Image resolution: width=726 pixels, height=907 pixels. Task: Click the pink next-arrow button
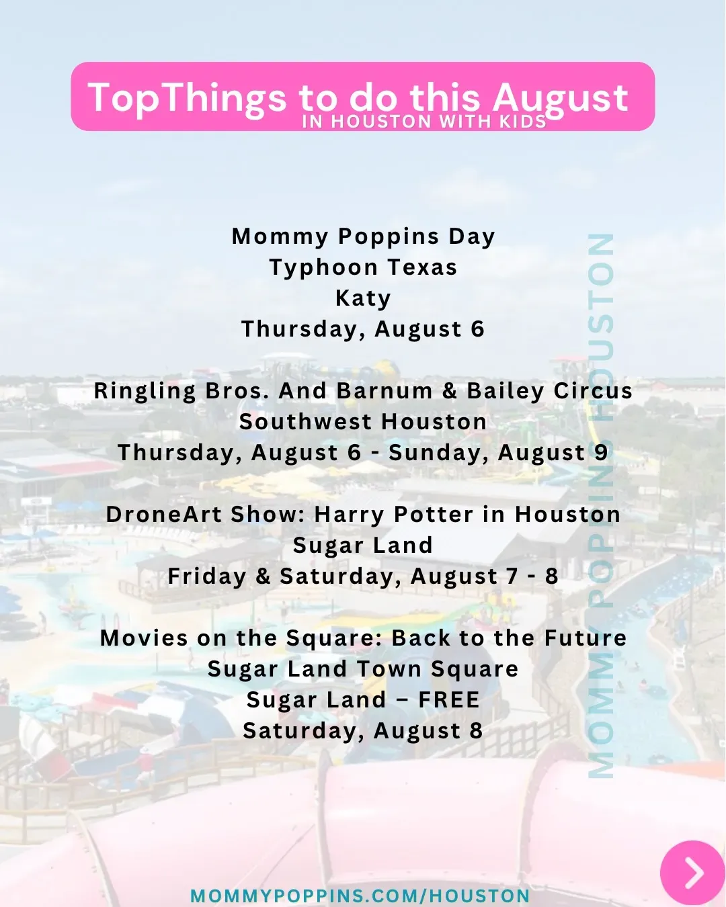click(692, 873)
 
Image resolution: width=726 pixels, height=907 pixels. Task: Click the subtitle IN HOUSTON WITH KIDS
click(424, 122)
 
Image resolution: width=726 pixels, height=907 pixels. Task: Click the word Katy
click(363, 299)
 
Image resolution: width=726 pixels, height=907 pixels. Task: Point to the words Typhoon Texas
click(363, 267)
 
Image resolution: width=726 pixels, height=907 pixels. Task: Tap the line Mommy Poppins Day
click(363, 236)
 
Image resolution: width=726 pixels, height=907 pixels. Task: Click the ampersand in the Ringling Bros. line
click(450, 391)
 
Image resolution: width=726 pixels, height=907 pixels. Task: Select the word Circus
click(593, 391)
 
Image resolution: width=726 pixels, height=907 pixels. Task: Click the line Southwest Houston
click(363, 422)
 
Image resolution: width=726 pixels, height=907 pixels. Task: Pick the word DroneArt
click(163, 515)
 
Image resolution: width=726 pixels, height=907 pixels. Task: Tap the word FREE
click(449, 700)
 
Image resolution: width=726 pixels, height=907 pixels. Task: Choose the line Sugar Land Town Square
click(363, 669)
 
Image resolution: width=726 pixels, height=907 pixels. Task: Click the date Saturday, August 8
click(363, 731)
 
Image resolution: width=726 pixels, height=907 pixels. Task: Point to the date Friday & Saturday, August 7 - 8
click(363, 576)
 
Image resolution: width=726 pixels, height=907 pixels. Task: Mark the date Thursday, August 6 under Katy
click(363, 330)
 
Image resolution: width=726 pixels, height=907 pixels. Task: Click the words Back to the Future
click(509, 638)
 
